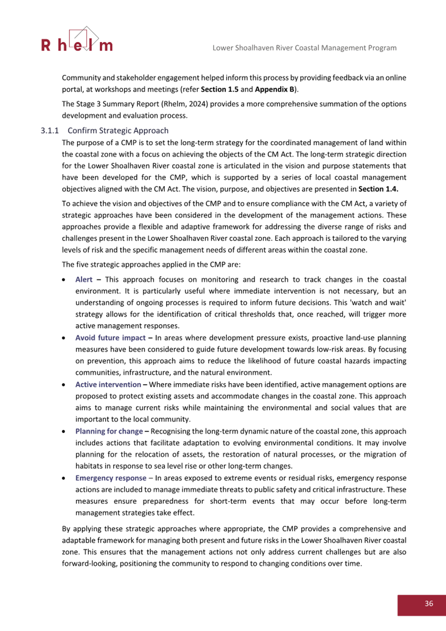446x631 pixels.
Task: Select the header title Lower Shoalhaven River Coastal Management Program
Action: pos(304,48)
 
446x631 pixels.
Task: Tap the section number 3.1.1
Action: pos(50,131)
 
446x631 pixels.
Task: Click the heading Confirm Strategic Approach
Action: pos(118,131)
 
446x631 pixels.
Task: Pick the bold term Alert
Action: pos(84,280)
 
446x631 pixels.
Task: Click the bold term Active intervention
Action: pos(108,384)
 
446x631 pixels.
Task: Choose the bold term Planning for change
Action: pos(109,431)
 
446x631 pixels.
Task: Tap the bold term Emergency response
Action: pos(110,478)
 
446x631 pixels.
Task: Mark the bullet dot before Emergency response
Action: pos(64,478)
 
